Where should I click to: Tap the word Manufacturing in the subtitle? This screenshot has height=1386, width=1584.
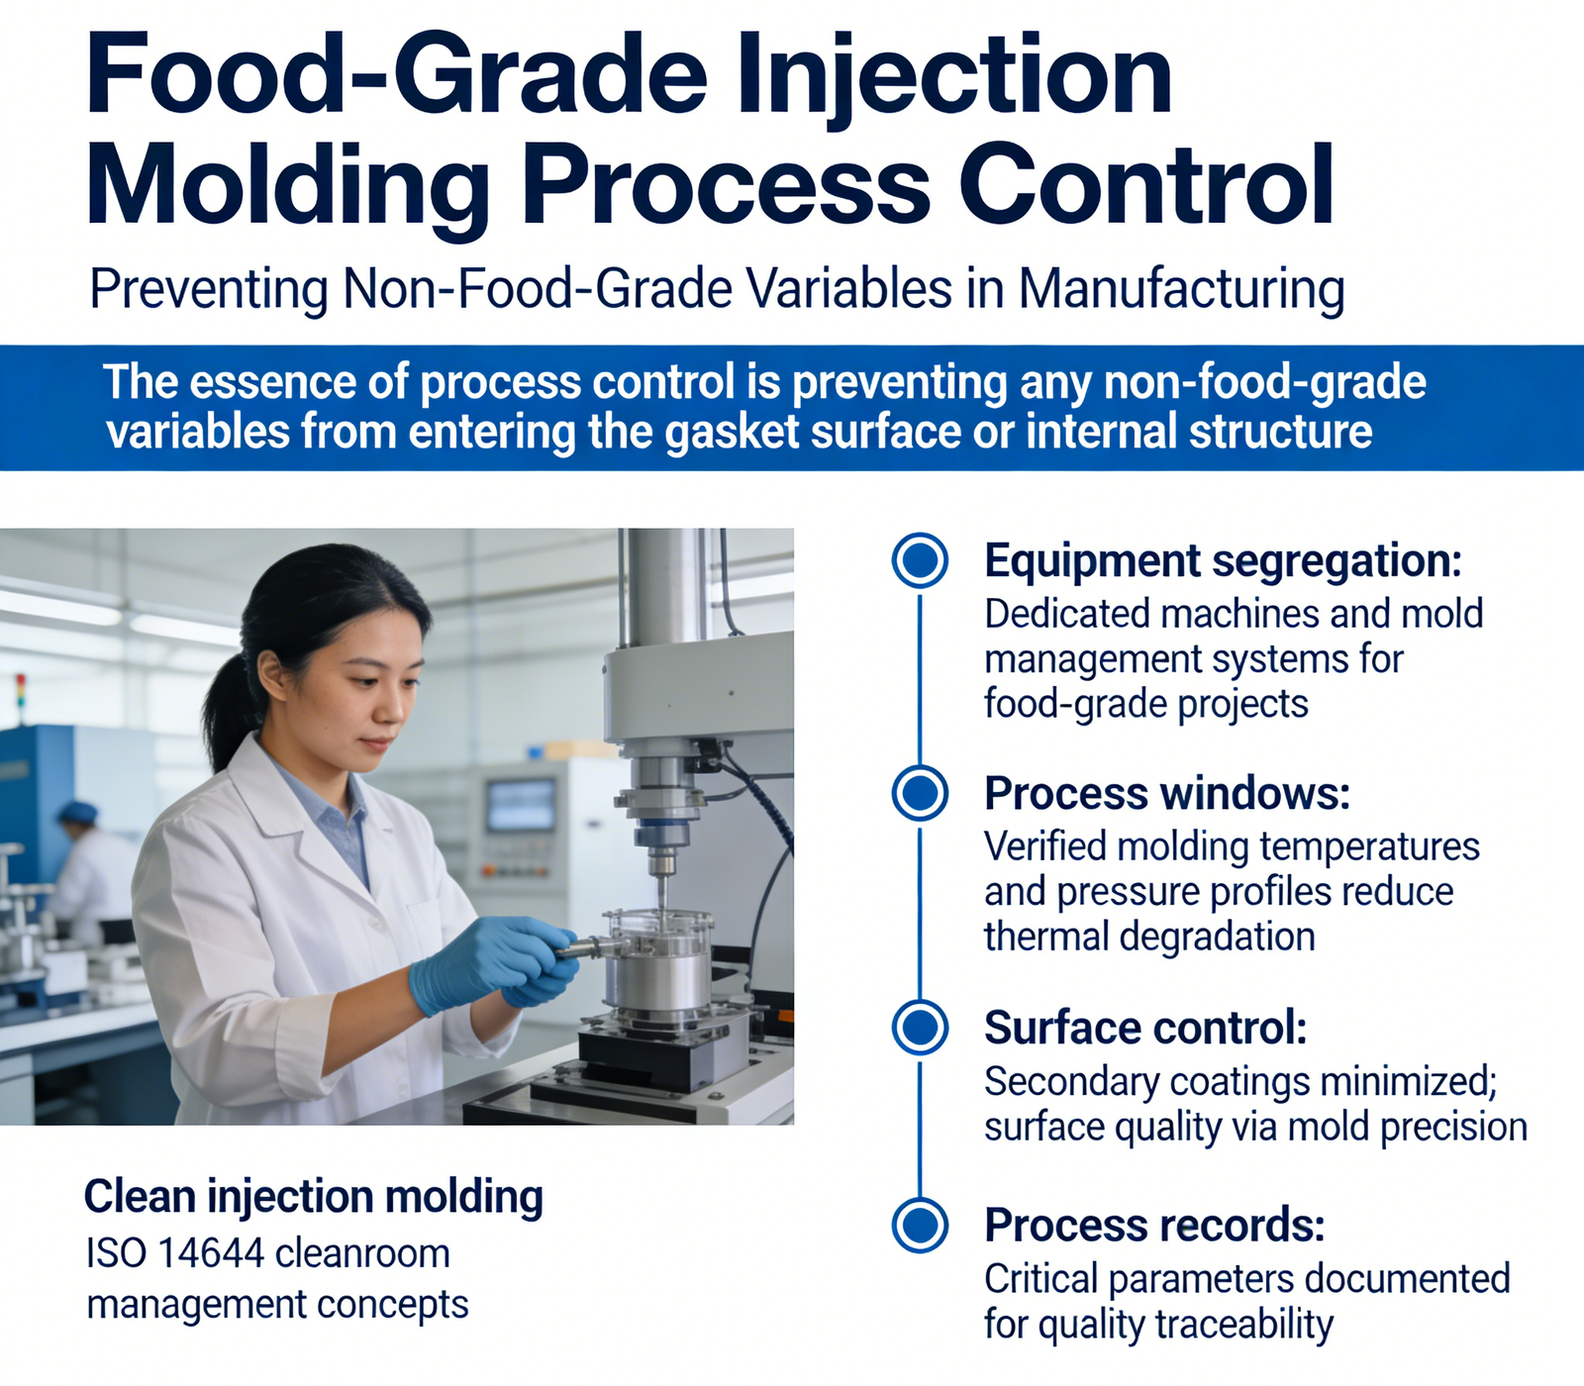tap(1182, 289)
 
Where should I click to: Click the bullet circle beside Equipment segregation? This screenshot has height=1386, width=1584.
tap(920, 560)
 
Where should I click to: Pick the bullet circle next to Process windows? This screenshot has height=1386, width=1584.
tap(920, 792)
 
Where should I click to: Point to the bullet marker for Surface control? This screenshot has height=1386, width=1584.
tap(920, 1027)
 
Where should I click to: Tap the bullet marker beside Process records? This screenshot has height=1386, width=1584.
tap(920, 1225)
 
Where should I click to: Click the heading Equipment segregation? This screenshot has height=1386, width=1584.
tap(1223, 561)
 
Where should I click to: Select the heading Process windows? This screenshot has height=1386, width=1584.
tap(1167, 793)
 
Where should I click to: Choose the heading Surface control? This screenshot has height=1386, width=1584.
tap(1145, 1028)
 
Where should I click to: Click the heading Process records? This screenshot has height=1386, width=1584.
tap(1154, 1226)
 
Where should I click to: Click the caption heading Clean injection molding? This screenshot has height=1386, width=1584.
tap(314, 1197)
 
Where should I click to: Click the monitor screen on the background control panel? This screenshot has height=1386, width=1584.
tap(522, 805)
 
